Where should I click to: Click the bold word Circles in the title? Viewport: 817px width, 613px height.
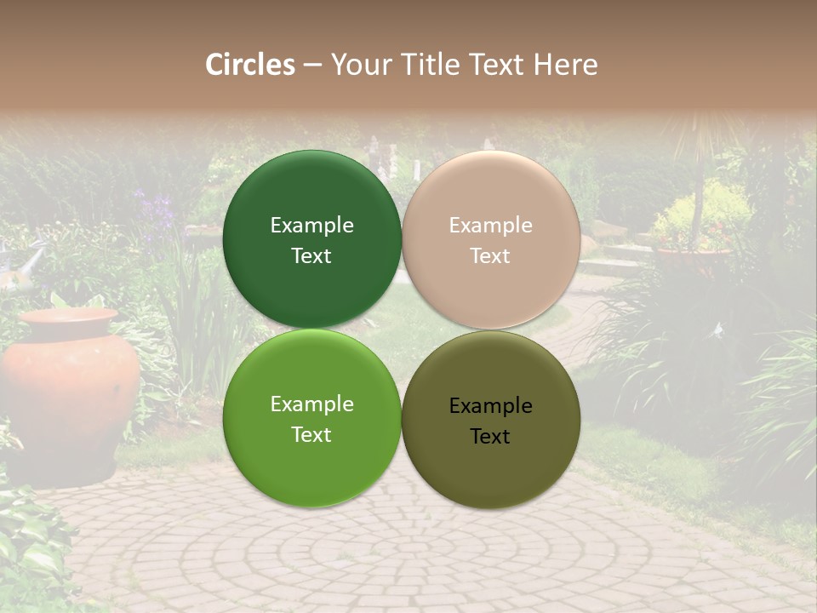(250, 65)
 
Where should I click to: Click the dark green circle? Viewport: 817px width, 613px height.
(312, 239)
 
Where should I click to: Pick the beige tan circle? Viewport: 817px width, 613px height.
(491, 239)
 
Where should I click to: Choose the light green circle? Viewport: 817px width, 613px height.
(312, 419)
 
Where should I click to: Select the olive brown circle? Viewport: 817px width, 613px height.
(491, 419)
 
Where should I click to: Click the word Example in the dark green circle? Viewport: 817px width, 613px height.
(311, 225)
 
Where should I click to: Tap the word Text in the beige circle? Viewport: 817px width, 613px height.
(490, 255)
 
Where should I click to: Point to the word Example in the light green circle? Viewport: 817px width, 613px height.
(311, 404)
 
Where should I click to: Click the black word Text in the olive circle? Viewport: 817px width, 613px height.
(490, 436)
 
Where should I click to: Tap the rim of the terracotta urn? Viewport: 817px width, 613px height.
(68, 317)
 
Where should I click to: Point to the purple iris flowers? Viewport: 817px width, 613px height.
(155, 209)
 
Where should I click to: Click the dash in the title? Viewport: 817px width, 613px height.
(312, 65)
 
